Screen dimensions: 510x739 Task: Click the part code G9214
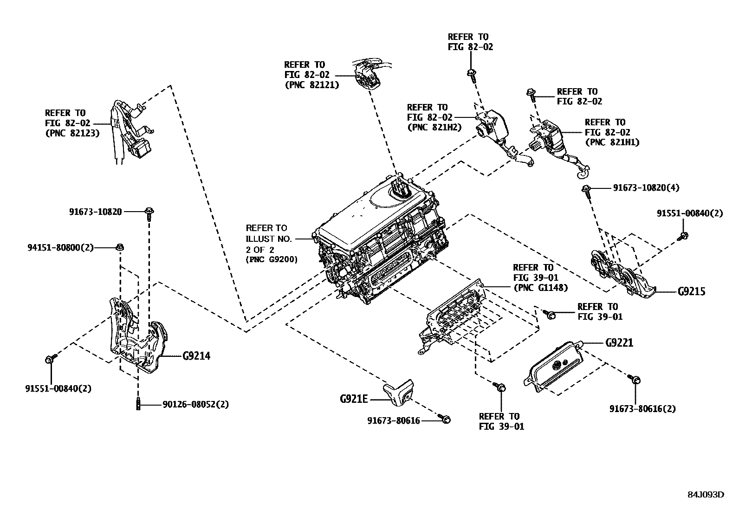(196, 356)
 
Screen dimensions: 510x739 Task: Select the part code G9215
(691, 292)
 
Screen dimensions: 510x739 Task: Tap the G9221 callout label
(619, 343)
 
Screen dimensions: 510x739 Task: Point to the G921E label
(354, 399)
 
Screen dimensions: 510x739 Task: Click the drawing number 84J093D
(706, 494)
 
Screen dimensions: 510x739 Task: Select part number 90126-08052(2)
(195, 405)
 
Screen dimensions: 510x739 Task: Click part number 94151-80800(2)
(60, 248)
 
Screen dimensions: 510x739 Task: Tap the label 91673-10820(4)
(646, 188)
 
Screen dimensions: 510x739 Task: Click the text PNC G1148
(540, 288)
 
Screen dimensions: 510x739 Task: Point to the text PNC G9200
(272, 259)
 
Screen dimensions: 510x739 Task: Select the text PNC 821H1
(612, 142)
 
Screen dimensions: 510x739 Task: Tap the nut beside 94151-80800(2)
(119, 247)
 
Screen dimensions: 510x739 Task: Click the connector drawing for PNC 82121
(368, 76)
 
